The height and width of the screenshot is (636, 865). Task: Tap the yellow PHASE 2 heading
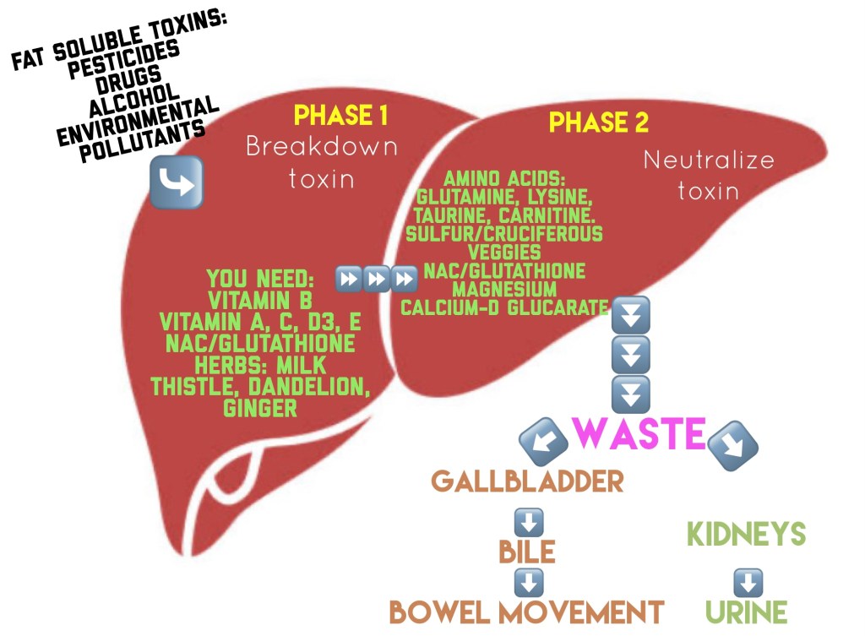click(599, 123)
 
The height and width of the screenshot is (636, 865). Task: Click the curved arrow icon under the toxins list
click(177, 182)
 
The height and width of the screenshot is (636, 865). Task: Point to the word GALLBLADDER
click(527, 481)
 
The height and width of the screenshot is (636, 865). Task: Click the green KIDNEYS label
click(746, 534)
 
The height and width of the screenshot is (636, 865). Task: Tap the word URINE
click(746, 612)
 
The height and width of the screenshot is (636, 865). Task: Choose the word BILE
click(526, 552)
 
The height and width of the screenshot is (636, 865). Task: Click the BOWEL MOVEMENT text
click(526, 612)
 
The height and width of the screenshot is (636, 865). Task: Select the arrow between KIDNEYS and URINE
click(748, 582)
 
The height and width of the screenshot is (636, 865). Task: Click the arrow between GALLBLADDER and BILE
click(528, 521)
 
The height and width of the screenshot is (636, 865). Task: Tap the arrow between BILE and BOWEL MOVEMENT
click(528, 582)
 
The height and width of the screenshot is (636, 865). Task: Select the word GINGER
click(260, 409)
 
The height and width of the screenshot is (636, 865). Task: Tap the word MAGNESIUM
click(503, 289)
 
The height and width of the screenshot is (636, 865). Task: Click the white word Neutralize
click(708, 160)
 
